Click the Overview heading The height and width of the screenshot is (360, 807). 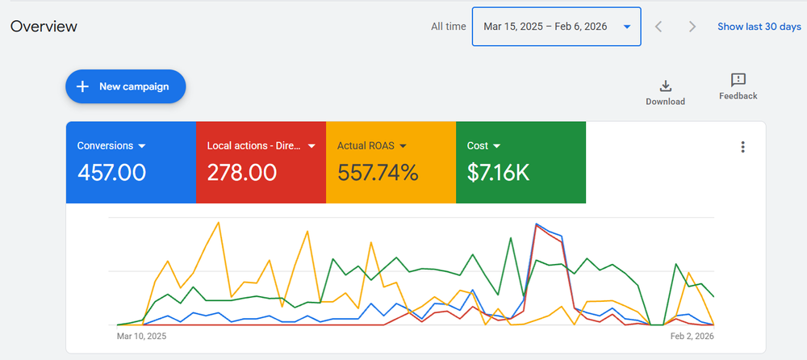click(x=44, y=27)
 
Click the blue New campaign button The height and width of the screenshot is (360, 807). click(x=126, y=86)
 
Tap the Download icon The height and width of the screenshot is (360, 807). click(x=665, y=86)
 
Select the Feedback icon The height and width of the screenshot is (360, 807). click(x=738, y=80)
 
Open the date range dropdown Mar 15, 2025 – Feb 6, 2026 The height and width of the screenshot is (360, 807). click(x=556, y=27)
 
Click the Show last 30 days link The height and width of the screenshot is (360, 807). click(x=759, y=27)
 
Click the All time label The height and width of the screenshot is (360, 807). click(x=448, y=27)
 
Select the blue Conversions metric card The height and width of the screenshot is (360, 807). click(x=131, y=162)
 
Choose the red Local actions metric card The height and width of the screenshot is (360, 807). click(x=261, y=162)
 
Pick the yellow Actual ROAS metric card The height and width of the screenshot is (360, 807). click(x=391, y=162)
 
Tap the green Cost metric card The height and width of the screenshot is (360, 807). click(x=521, y=162)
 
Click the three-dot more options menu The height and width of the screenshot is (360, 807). click(x=742, y=147)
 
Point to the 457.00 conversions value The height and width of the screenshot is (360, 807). click(x=111, y=172)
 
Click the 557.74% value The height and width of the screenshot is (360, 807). click(x=378, y=172)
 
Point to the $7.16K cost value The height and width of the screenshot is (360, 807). click(x=498, y=172)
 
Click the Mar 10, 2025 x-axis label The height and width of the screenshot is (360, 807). click(x=141, y=336)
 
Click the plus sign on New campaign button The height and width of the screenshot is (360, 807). click(x=82, y=86)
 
